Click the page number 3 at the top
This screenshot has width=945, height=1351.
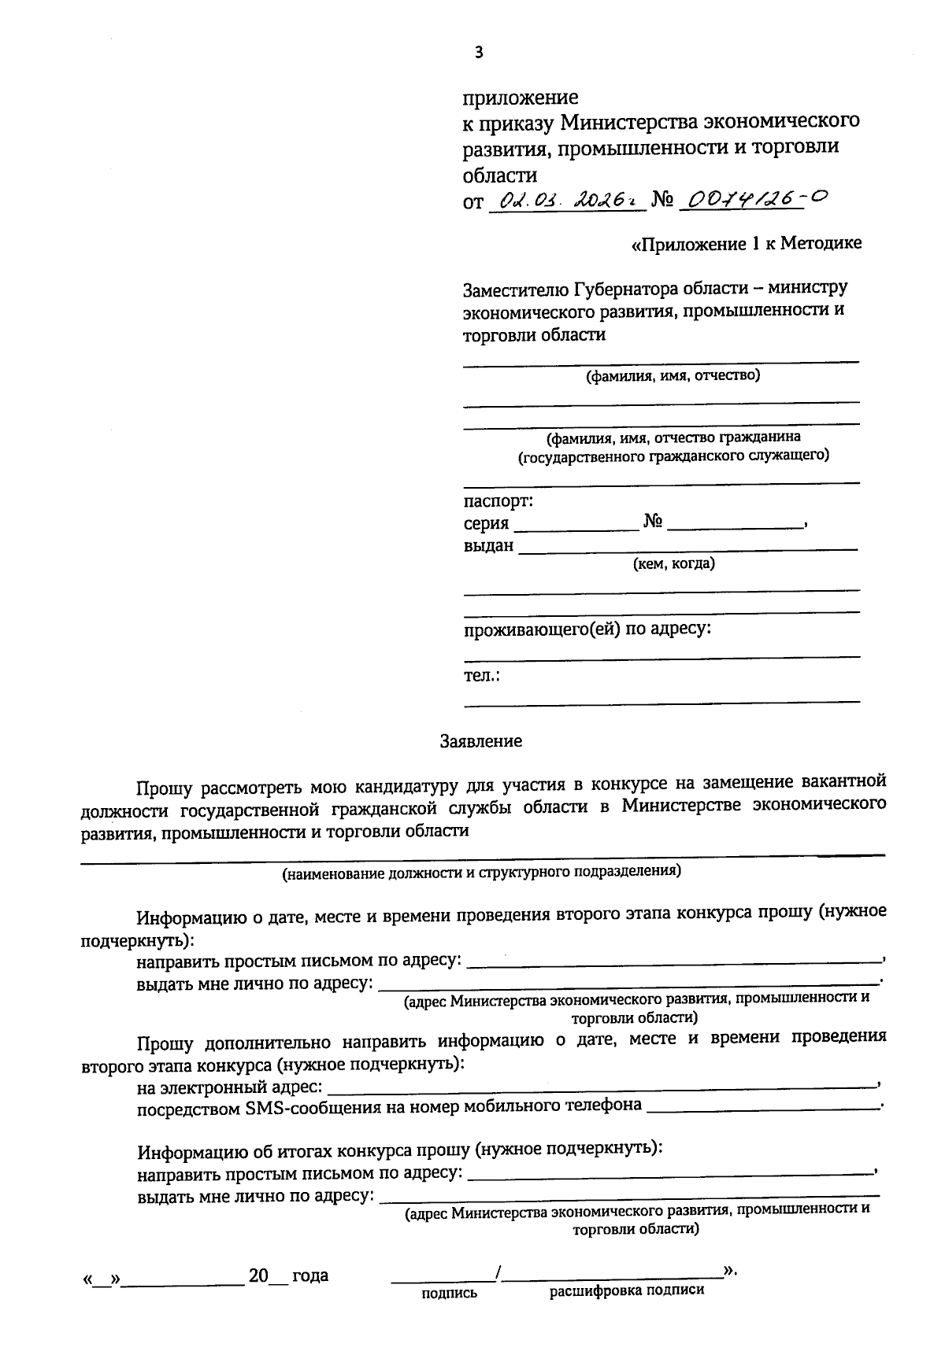pos(476,53)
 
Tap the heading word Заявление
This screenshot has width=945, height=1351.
pos(480,740)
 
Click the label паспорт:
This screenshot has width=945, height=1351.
pos(498,500)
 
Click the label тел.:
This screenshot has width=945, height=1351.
pos(483,675)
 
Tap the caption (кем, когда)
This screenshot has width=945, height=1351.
pos(674,563)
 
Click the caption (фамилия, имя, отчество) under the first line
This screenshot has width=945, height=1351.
pos(672,375)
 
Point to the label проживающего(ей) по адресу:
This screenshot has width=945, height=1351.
pos(587,629)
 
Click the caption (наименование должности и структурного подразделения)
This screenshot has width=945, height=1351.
pos(482,871)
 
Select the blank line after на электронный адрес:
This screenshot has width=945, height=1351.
pos(602,1089)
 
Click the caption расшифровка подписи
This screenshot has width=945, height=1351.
pos(627,1290)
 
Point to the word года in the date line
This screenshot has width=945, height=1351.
pos(309,1275)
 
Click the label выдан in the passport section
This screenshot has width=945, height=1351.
pos(488,545)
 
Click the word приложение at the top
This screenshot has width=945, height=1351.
pos(520,98)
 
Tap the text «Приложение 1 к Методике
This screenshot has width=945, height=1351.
pos(747,244)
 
